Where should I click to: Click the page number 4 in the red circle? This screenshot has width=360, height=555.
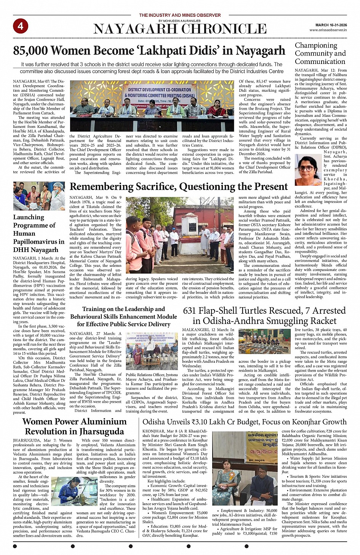click(x=20, y=26)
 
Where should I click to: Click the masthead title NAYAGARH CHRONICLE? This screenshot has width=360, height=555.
click(x=180, y=29)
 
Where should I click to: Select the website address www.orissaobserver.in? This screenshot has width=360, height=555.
click(x=328, y=30)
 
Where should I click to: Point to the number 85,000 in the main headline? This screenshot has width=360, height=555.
click(x=30, y=51)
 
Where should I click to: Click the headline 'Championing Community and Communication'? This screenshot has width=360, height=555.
click(x=320, y=53)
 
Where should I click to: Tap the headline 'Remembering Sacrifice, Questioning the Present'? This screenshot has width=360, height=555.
click(x=179, y=187)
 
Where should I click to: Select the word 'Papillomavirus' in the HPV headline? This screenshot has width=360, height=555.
click(x=39, y=242)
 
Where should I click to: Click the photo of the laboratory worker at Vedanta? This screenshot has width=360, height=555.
click(x=74, y=491)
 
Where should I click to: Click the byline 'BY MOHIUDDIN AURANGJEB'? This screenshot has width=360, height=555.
click(x=179, y=21)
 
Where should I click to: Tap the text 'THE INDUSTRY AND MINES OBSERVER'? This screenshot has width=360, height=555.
click(x=180, y=15)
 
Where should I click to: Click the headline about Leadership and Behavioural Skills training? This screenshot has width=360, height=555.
click(x=123, y=316)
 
